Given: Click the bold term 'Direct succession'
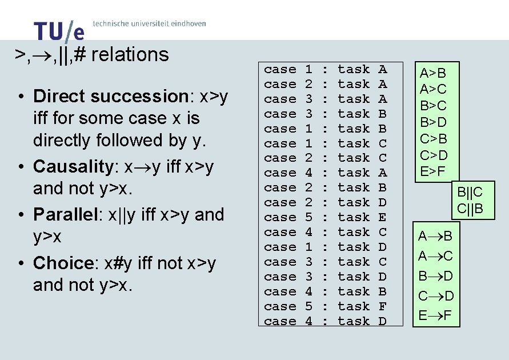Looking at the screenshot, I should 107,96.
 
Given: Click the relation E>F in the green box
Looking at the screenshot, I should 432,171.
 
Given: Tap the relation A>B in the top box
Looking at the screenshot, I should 432,74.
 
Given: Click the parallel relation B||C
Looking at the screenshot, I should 470,193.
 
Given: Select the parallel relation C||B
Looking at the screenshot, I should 470,209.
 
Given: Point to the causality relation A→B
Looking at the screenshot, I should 435,237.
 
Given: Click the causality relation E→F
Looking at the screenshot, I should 435,315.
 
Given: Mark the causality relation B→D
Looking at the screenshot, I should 435,277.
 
